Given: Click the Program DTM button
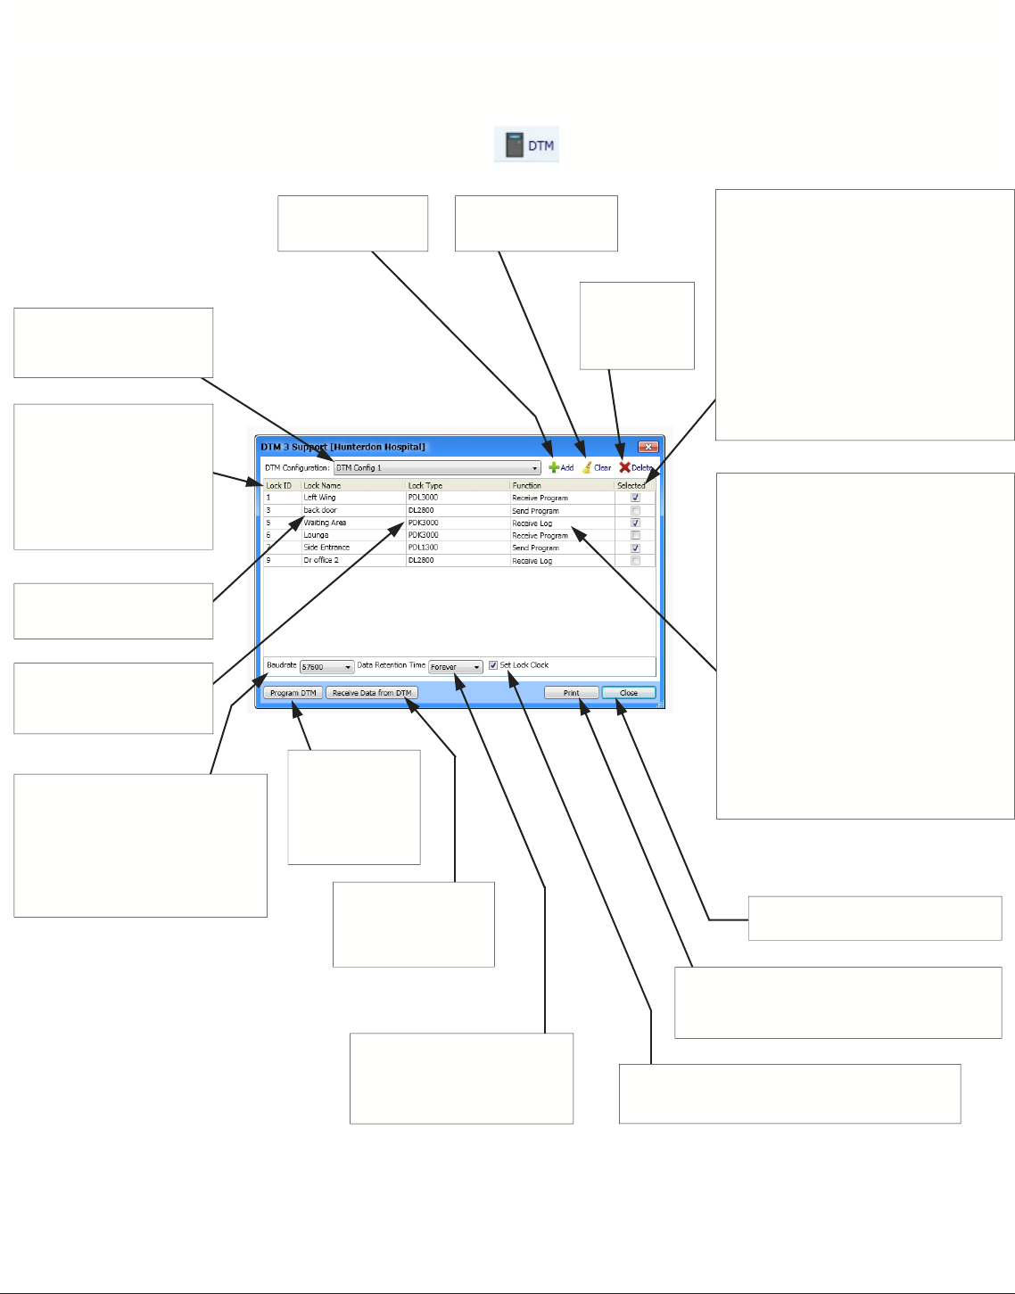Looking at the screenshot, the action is (293, 693).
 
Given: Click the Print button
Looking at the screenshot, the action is (571, 693).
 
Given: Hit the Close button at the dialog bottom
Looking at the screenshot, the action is (629, 693).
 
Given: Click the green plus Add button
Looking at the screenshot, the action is (561, 467).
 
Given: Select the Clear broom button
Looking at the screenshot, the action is (597, 467).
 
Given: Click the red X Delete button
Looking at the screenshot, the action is (636, 467).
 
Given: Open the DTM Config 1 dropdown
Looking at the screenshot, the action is (437, 467).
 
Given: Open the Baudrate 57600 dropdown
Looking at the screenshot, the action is (326, 667).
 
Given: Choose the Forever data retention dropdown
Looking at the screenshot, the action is (455, 667).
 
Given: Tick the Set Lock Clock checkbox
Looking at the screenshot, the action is (493, 665).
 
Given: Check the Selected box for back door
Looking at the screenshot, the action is (635, 511).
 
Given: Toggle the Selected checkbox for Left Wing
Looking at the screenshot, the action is (635, 498).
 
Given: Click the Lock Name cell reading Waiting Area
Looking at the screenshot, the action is (325, 523).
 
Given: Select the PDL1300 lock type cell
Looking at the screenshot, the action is (423, 548).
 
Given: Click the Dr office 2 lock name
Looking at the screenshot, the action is (321, 560).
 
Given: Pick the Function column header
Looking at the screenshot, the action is (526, 485).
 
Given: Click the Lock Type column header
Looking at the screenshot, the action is (425, 485).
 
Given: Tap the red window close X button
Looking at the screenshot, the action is (648, 447).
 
